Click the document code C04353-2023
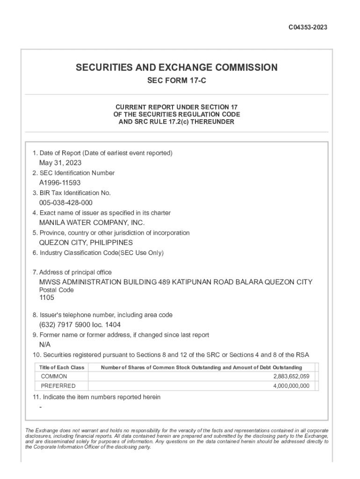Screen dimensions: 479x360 point(307,27)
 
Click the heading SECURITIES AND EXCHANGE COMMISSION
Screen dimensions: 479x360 point(177,67)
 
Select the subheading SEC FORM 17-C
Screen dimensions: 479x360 point(177,81)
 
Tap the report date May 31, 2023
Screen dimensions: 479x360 point(60,163)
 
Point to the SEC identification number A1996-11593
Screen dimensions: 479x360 point(60,183)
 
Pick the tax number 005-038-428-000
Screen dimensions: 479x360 point(65,203)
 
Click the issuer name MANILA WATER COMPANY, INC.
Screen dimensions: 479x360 point(92,223)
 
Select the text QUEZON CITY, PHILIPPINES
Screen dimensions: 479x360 point(86,242)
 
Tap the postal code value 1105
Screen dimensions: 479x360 point(47,298)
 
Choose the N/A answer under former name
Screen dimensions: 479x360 point(45,344)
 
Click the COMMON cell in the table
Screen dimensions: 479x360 point(54,377)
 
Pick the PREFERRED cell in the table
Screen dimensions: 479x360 point(58,386)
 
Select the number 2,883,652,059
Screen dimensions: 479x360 point(291,377)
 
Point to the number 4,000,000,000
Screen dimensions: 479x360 point(291,386)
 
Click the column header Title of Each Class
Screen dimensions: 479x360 point(62,367)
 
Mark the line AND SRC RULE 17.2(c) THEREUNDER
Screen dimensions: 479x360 point(177,122)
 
